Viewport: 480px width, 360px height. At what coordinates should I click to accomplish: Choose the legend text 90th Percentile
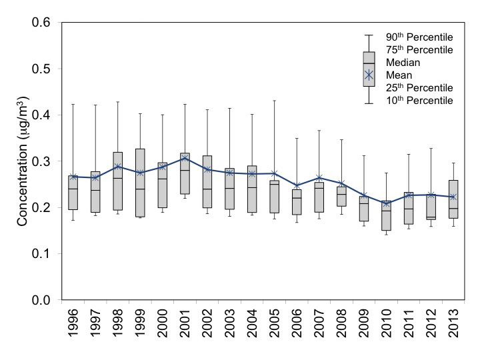tap(419, 36)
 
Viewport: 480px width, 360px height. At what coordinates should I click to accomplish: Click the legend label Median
tap(401, 62)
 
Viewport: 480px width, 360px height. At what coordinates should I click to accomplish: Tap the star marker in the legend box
tap(369, 75)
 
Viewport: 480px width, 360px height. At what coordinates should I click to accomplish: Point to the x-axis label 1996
tap(74, 327)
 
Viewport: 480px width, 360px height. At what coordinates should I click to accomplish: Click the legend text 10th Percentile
tap(419, 100)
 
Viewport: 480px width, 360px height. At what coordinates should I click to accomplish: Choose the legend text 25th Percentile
tap(419, 87)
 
